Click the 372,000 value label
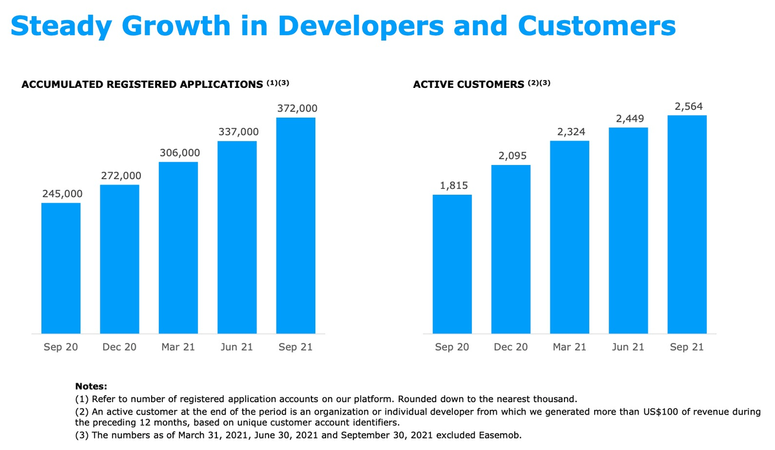(297, 109)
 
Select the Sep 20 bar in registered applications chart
(61, 268)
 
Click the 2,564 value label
(688, 107)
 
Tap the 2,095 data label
(512, 156)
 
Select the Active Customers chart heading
(468, 84)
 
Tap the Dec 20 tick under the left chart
(119, 347)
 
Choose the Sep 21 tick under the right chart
(687, 347)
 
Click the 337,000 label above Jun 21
(238, 132)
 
